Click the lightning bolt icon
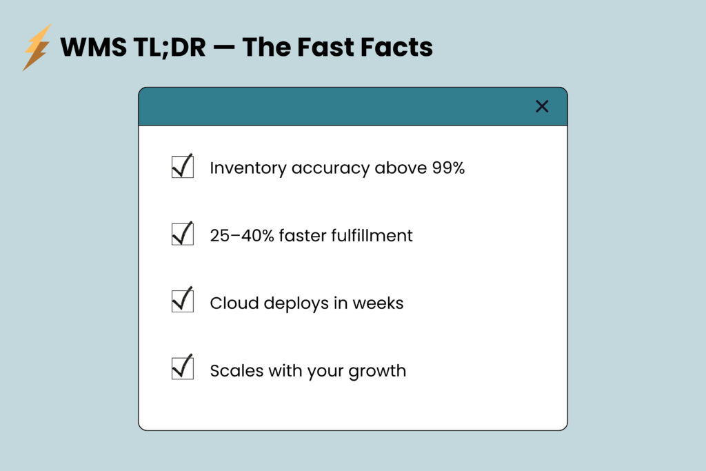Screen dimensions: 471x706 click(36, 47)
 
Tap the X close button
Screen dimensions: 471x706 click(542, 106)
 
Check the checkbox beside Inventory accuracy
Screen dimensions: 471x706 click(182, 167)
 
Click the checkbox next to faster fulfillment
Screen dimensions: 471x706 click(182, 234)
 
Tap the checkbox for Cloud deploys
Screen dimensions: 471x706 click(182, 301)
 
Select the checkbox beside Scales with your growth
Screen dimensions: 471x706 click(182, 368)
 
